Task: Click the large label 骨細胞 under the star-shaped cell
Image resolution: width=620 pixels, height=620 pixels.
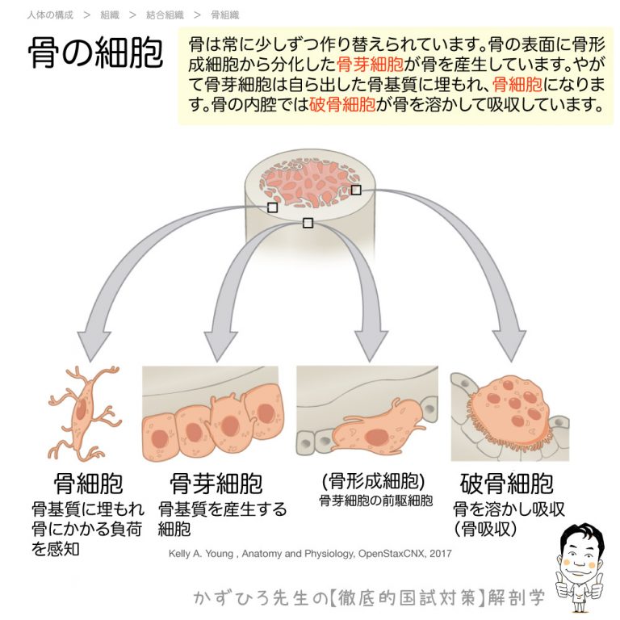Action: click(x=89, y=484)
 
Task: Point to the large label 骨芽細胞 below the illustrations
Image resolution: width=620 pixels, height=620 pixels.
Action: click(x=216, y=484)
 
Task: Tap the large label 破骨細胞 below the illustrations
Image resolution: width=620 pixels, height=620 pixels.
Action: click(x=507, y=484)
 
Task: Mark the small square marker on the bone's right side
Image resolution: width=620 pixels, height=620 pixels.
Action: click(x=356, y=190)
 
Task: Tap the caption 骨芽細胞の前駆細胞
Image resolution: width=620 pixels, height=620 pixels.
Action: click(x=375, y=501)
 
